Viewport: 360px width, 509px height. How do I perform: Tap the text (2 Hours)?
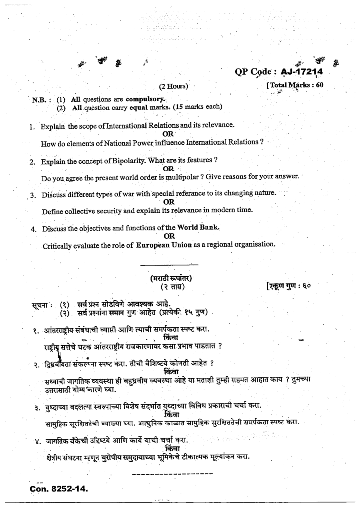click(174, 86)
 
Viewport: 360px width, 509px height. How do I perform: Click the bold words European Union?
click(167, 244)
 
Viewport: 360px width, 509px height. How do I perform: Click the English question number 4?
click(33, 229)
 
